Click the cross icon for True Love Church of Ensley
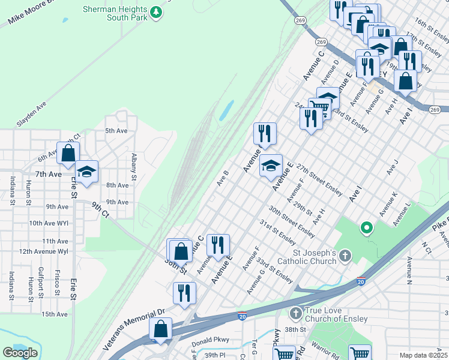pyautogui.click(x=295, y=313)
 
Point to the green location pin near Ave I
pyautogui.click(x=366, y=227)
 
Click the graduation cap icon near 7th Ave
pyautogui.click(x=87, y=172)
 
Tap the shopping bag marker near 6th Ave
pyautogui.click(x=68, y=154)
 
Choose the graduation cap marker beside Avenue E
pyautogui.click(x=271, y=165)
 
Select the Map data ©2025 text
pyautogui.click(x=423, y=355)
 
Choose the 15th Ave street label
pyautogui.click(x=55, y=314)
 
